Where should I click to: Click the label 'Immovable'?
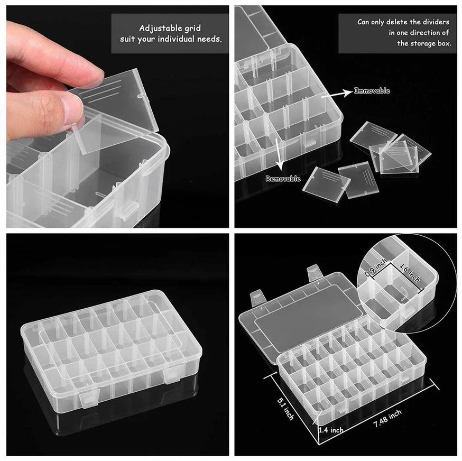click(372, 90)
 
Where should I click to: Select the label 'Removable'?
click(283, 179)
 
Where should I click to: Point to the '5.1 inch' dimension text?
click(285, 409)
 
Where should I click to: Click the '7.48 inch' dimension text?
click(387, 419)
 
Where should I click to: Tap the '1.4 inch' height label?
click(331, 430)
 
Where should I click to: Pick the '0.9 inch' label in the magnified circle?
click(376, 268)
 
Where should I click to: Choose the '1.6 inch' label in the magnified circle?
click(410, 273)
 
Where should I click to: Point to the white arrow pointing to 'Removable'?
click(279, 154)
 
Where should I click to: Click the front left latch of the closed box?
click(89, 399)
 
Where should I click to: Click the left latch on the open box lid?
click(256, 299)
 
